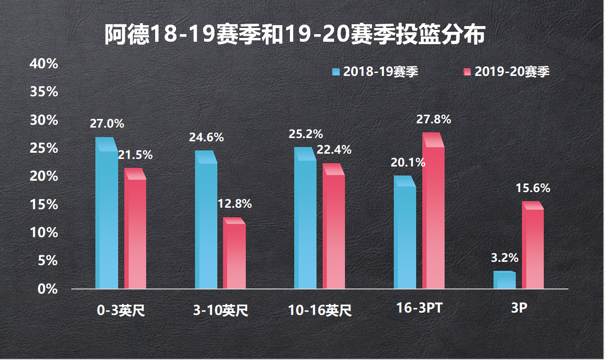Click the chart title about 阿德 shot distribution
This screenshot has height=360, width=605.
coord(295,36)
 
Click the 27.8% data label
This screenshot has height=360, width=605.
coord(434,120)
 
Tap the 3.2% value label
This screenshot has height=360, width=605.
coord(504,258)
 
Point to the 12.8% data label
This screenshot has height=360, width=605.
coord(234,204)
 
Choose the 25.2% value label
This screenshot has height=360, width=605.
coord(306,134)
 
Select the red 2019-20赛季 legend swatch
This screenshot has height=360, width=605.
coord(467,72)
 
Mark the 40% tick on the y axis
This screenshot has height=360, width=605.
coord(44,64)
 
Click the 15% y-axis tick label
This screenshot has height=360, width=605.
coord(44,204)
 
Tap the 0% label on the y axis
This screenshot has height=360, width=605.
coord(47,289)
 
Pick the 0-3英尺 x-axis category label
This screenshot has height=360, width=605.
coord(121,311)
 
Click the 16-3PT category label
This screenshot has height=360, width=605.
coord(419,308)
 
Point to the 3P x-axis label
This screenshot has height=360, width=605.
coord(519,308)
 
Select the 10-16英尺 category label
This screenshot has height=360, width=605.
coord(320,311)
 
